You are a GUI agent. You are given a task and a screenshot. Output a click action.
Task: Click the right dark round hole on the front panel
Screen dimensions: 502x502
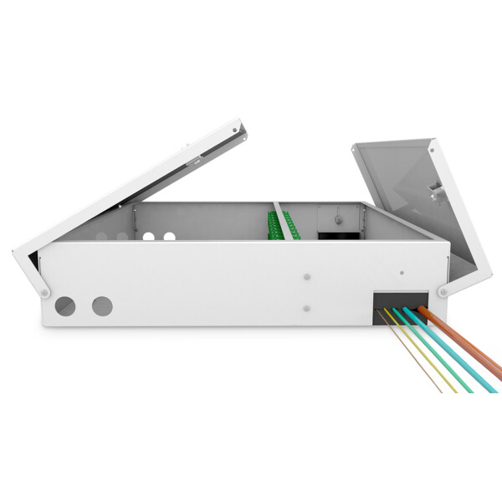(102, 306)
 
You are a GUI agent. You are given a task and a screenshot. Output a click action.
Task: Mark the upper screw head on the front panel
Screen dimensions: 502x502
(307, 275)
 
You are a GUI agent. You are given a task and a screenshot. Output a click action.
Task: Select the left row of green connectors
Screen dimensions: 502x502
(271, 226)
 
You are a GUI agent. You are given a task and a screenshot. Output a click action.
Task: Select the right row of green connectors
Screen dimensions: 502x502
(289, 226)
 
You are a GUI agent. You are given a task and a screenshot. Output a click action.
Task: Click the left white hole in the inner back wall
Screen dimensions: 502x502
(149, 237)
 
